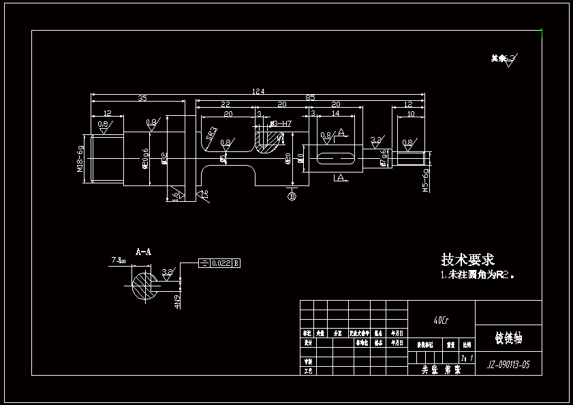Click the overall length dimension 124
(258, 91)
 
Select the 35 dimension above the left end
(142, 99)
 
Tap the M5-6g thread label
(426, 180)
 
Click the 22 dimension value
(226, 104)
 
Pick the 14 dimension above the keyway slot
(335, 114)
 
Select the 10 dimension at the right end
(410, 114)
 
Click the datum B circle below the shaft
(292, 197)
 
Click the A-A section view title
(143, 252)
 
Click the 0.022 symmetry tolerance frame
(219, 263)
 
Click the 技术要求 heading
(467, 260)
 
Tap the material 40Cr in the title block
(442, 320)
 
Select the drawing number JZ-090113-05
(508, 365)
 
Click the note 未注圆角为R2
(477, 275)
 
